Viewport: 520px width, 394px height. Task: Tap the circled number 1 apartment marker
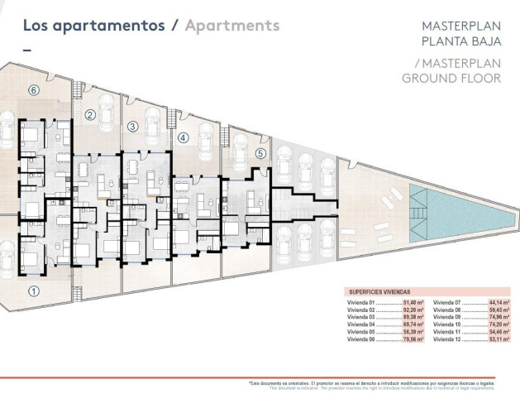[x=34, y=290]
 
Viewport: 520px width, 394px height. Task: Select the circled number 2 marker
[x=89, y=116]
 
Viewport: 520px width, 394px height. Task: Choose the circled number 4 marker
[x=183, y=138]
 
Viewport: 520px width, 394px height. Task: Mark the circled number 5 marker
[x=260, y=153]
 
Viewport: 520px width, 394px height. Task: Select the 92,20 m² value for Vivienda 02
[x=413, y=311]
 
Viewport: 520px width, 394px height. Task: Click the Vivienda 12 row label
[x=446, y=339]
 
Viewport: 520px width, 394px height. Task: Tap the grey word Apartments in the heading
[x=232, y=25]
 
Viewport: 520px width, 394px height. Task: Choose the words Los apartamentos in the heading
[x=93, y=25]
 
